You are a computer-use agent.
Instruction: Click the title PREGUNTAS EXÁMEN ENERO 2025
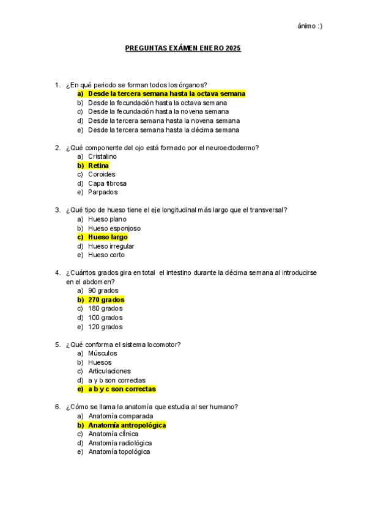point(183,48)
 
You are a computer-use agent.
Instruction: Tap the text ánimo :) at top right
point(310,26)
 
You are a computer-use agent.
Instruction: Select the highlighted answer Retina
point(98,166)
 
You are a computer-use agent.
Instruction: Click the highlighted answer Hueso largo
point(108,237)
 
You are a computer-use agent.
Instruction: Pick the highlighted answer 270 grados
point(106,300)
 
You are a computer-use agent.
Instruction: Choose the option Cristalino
point(102,156)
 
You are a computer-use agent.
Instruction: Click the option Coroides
point(102,174)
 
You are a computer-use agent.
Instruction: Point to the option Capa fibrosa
point(107,183)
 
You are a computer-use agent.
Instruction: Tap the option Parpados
point(103,192)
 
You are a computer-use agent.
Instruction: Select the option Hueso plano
point(107,219)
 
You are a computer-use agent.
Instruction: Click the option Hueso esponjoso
point(114,228)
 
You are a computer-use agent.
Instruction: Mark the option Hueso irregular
point(111,246)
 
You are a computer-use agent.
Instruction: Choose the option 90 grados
point(103,291)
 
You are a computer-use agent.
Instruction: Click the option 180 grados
point(105,308)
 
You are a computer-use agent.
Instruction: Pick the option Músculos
point(102,353)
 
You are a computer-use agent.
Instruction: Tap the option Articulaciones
point(109,371)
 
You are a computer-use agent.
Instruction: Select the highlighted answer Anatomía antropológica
point(127,425)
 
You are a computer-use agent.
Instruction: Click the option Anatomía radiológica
point(120,443)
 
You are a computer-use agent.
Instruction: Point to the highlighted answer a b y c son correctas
point(122,389)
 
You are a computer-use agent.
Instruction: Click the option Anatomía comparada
point(120,416)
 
